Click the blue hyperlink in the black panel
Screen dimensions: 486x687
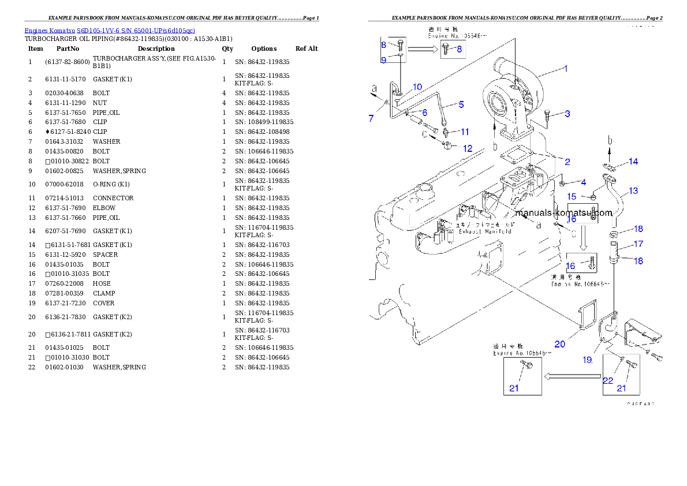coord(110,30)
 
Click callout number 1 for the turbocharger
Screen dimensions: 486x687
coord(566,69)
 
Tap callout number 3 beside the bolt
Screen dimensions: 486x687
coord(567,114)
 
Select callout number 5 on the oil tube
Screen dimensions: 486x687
coord(461,104)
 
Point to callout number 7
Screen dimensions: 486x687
coord(372,118)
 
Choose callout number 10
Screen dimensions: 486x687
coord(417,87)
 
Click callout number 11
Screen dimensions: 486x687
coord(464,132)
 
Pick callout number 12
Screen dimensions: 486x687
coord(467,148)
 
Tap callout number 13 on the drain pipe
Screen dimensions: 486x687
coord(633,190)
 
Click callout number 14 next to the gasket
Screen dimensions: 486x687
coord(633,162)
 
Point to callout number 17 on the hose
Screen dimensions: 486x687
coord(639,244)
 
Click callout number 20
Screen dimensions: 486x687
coord(559,345)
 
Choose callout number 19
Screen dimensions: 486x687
coord(587,360)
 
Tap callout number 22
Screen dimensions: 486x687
coord(608,380)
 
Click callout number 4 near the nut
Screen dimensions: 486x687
coord(583,182)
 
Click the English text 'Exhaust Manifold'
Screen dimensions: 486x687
coord(485,231)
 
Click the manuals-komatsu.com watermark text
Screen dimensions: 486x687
coord(563,212)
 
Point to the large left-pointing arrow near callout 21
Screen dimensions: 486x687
coord(572,376)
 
